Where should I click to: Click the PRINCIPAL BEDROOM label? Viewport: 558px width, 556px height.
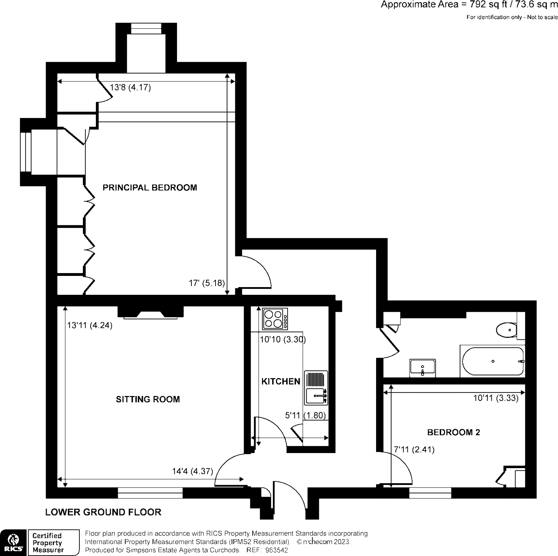point(150,187)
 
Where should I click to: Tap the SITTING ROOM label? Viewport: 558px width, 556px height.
point(148,399)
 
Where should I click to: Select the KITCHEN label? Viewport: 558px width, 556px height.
point(281,381)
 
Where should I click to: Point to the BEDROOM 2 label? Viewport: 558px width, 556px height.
point(453,432)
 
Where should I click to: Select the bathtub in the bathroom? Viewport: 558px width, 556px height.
point(493,361)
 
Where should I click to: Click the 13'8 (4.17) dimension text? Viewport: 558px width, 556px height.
point(130,87)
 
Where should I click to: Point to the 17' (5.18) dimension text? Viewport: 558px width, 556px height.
point(206,283)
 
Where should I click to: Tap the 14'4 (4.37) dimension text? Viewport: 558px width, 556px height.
point(192,471)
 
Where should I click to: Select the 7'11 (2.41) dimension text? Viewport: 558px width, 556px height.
point(414,450)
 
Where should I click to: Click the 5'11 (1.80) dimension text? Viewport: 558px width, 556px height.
point(306,415)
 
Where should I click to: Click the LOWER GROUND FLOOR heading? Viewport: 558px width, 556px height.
point(103,512)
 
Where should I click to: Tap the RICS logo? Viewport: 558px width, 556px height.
point(13,542)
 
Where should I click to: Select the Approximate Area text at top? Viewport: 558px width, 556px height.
point(469,5)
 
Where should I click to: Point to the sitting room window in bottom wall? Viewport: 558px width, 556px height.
point(150,493)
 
